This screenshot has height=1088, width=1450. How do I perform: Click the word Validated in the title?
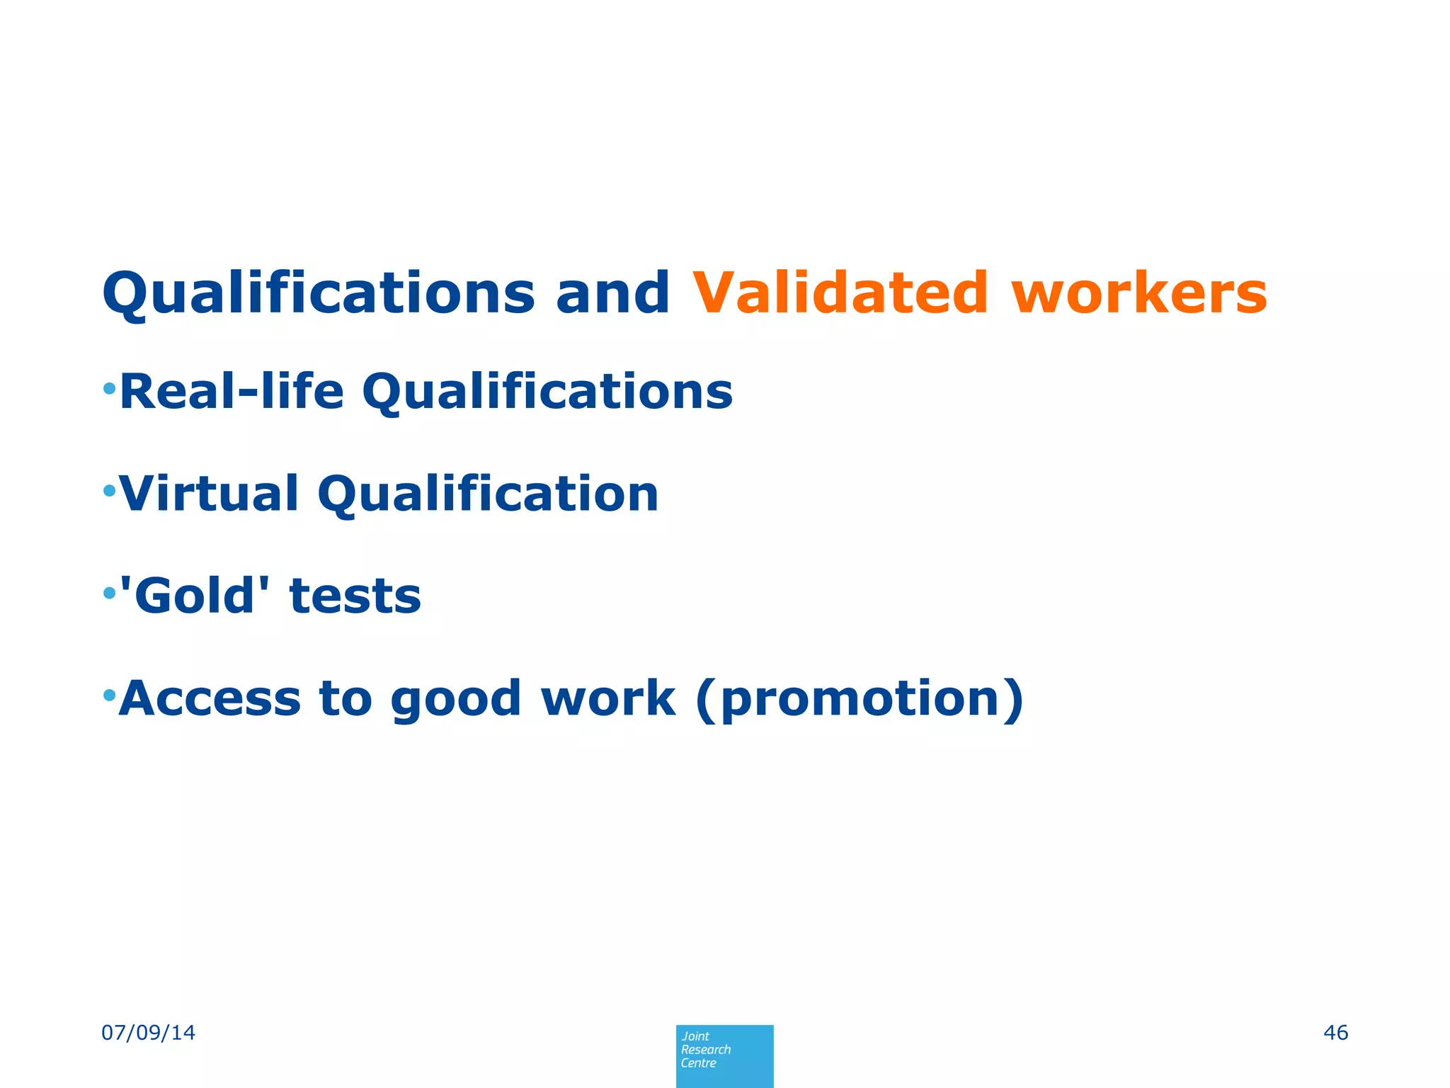click(x=840, y=293)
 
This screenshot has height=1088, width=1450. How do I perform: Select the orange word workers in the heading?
click(x=1139, y=293)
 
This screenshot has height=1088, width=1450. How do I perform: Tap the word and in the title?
click(x=612, y=293)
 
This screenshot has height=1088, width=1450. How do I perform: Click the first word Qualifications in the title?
click(x=319, y=294)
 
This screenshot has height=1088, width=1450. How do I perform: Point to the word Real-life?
click(x=232, y=391)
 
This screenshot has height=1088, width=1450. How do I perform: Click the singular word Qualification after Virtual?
click(x=488, y=494)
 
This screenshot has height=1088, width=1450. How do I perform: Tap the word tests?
click(x=355, y=596)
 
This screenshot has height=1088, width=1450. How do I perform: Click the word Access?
click(x=210, y=698)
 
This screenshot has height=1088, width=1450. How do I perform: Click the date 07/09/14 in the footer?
click(x=149, y=1033)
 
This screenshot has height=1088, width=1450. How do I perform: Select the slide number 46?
click(x=1335, y=1033)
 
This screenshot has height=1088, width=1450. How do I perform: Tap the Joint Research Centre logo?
click(x=724, y=1055)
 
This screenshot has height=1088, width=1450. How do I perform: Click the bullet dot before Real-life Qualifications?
click(x=109, y=388)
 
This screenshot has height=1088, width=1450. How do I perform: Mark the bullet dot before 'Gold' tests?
click(x=109, y=592)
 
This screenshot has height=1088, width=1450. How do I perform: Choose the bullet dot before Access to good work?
click(x=109, y=695)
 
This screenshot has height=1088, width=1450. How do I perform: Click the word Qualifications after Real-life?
click(x=547, y=392)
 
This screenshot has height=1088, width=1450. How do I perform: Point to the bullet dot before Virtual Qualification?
click(x=109, y=490)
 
